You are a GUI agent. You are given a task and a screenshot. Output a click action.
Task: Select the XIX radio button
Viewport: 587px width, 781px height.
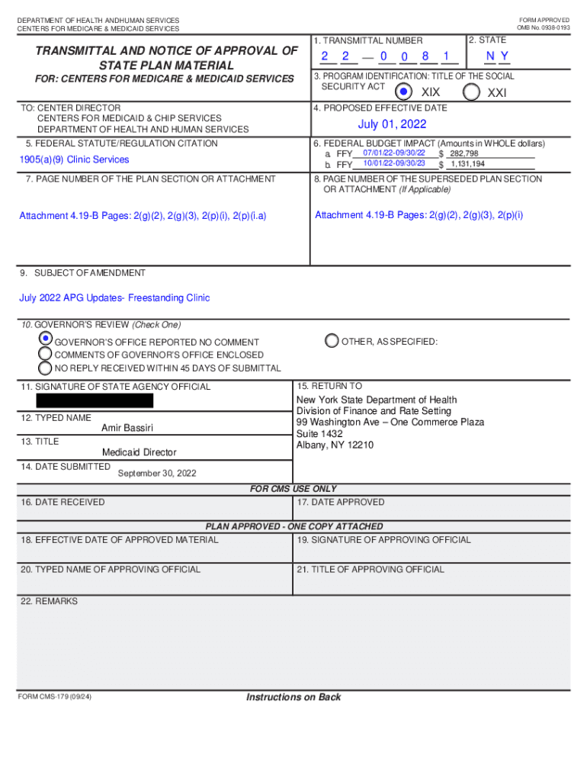(403, 92)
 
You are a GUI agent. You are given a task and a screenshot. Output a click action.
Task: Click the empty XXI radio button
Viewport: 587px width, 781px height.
(472, 92)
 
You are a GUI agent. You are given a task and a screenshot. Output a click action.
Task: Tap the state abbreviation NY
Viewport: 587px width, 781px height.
(498, 56)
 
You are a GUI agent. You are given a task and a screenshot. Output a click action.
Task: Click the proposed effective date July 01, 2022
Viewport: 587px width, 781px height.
(392, 124)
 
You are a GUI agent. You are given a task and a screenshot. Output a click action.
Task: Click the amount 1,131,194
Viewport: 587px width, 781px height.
(467, 164)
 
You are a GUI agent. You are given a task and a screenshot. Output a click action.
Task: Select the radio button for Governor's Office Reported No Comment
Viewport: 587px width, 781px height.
(46, 339)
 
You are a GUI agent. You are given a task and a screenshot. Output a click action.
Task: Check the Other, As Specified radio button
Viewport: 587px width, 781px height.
(332, 341)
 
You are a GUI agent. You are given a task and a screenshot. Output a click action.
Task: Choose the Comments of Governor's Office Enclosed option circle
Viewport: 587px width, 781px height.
(46, 354)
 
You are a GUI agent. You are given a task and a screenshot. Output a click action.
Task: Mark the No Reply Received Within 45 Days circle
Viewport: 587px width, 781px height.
(46, 368)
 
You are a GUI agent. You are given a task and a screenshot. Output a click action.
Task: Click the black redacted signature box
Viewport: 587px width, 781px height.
(95, 400)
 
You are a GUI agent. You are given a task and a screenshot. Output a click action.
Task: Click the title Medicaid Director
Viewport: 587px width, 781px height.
(139, 452)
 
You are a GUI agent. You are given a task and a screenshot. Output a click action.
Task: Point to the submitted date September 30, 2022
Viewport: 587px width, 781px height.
(157, 473)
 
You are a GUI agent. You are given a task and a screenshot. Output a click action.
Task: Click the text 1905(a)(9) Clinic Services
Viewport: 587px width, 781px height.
(74, 159)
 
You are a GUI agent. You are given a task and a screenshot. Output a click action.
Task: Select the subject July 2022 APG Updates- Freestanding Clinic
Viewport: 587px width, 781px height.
(114, 297)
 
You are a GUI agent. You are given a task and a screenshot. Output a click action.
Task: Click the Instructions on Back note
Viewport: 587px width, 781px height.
(293, 697)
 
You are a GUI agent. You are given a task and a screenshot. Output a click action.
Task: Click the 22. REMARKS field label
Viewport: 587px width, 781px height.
(49, 601)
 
